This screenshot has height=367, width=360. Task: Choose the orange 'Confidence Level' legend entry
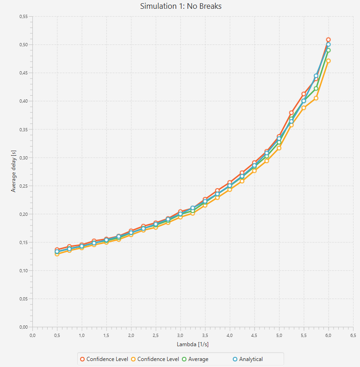tap(155, 359)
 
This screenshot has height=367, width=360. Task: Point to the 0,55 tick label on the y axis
tap(23, 17)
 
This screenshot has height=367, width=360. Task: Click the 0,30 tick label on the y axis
tap(23, 158)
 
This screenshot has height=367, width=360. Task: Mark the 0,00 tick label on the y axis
tap(23, 327)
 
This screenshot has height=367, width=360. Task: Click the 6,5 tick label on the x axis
tap(353, 335)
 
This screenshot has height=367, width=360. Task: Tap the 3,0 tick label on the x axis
tap(180, 335)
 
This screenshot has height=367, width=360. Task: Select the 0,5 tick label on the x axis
tap(57, 335)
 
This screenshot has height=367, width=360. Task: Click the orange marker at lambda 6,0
tap(328, 61)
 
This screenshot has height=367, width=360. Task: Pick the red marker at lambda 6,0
tap(328, 40)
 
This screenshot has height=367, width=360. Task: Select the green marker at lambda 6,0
tap(328, 50)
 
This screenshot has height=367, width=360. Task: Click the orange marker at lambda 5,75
tap(316, 98)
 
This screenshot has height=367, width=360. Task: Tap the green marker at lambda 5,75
tap(316, 88)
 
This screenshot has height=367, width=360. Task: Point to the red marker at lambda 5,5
tap(304, 94)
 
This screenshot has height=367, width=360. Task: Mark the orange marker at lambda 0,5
tap(57, 254)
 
